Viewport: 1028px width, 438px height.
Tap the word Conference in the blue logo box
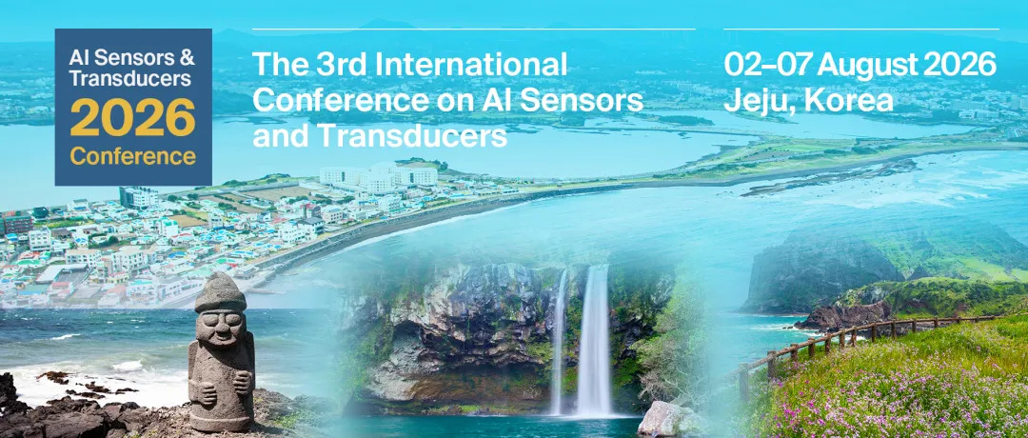click(133, 155)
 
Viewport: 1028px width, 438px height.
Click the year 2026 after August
click(958, 65)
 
